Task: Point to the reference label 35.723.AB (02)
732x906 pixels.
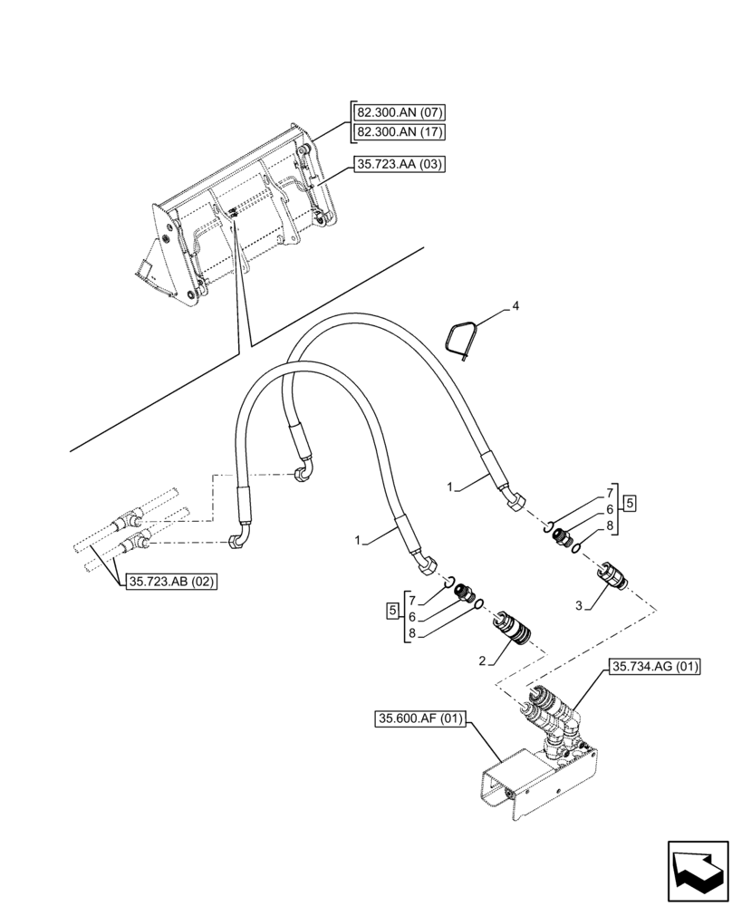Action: (170, 583)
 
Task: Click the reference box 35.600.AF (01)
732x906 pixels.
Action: (418, 721)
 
